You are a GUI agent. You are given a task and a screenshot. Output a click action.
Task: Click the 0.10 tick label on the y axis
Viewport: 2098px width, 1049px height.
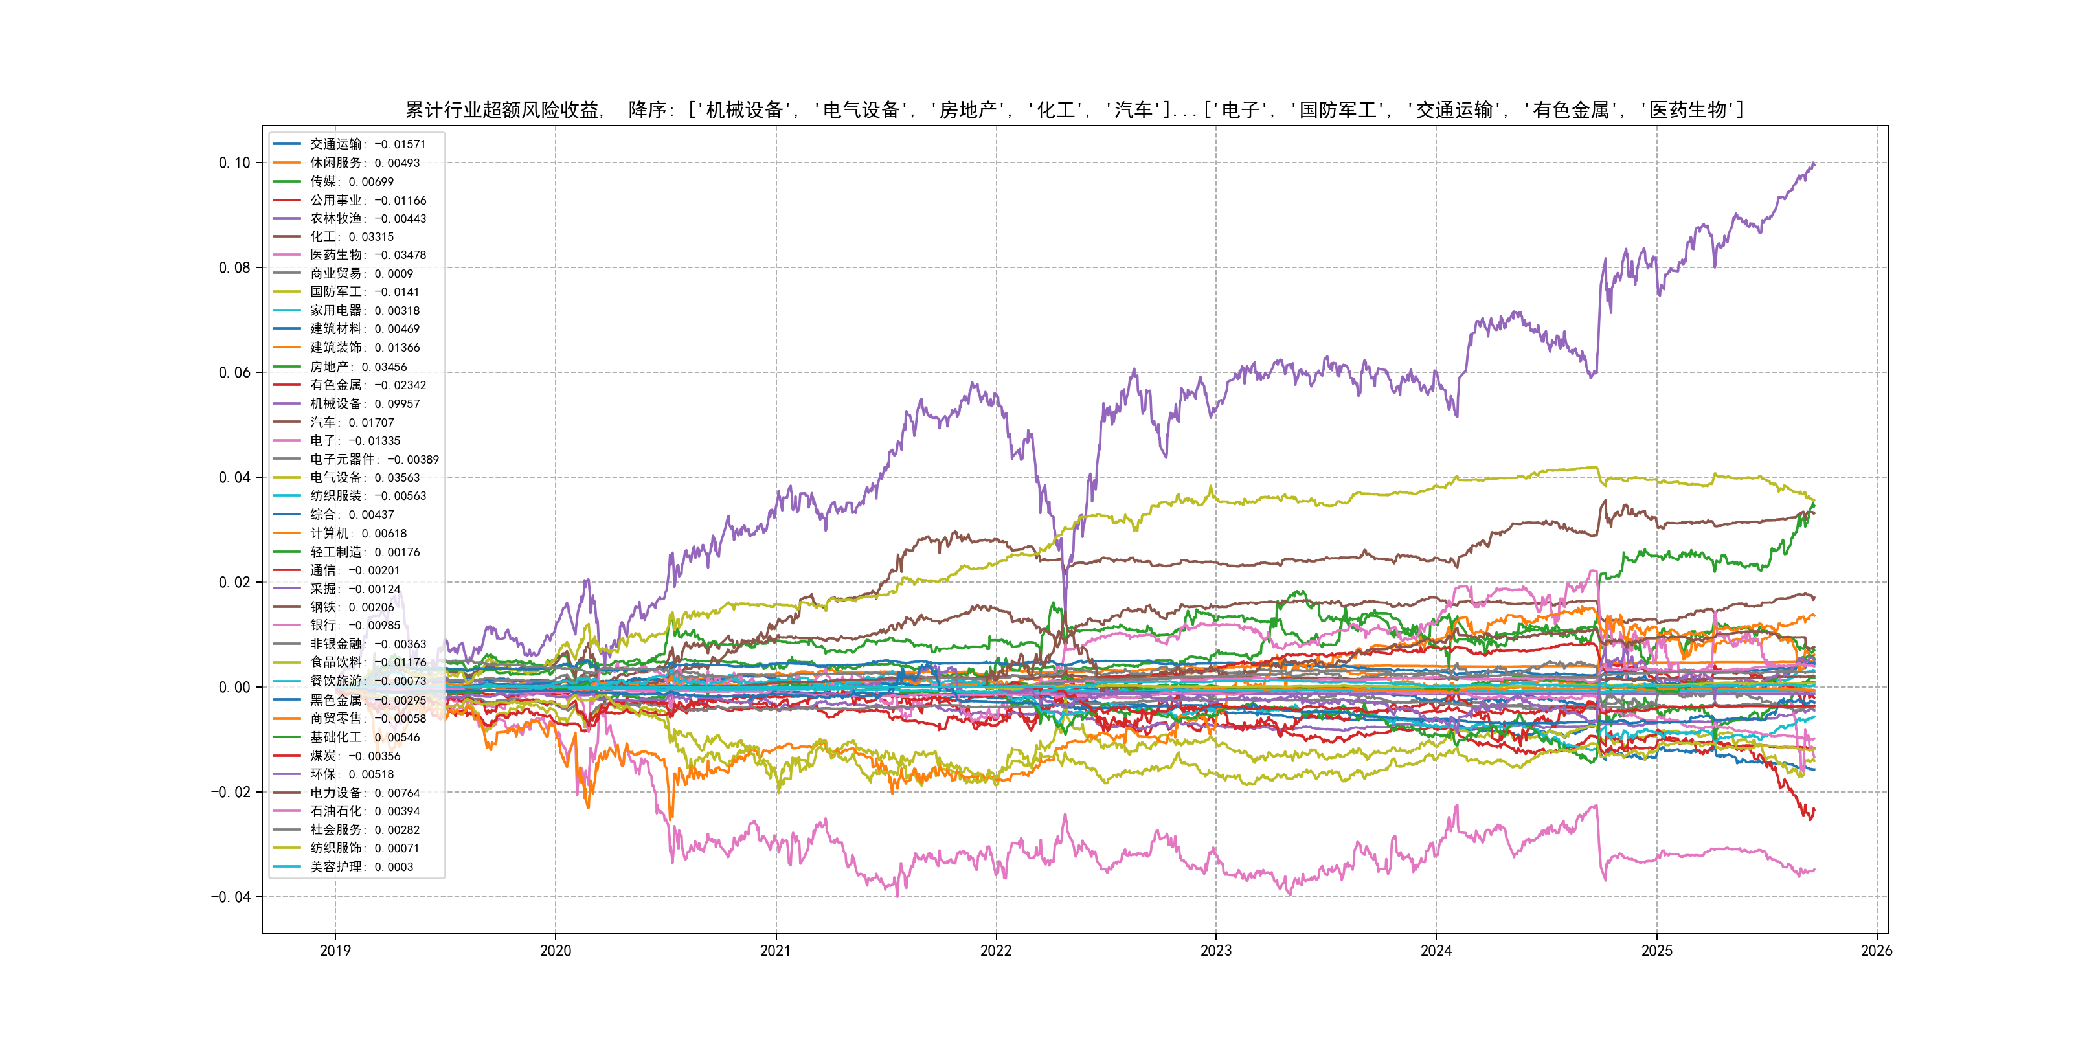click(x=234, y=163)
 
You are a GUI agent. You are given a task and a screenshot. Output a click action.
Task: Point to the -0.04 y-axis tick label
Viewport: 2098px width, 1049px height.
click(x=231, y=897)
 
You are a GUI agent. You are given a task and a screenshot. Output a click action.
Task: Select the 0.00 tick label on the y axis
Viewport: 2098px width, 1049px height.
click(x=234, y=688)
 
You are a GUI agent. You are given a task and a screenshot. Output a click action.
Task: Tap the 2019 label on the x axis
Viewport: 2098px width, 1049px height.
click(x=335, y=951)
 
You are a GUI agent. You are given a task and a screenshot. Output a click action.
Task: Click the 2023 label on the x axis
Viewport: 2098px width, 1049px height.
click(x=1216, y=951)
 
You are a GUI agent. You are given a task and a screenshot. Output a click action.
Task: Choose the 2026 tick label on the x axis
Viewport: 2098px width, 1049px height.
click(x=1877, y=951)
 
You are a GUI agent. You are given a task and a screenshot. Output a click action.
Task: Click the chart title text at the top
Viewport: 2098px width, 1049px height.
click(x=1074, y=110)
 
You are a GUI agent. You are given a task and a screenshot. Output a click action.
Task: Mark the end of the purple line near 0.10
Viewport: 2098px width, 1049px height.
click(x=1814, y=164)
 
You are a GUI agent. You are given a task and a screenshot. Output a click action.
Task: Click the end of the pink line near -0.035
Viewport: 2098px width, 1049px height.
click(x=1814, y=870)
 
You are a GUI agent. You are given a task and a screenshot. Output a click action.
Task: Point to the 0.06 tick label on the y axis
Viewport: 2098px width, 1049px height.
click(x=234, y=372)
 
